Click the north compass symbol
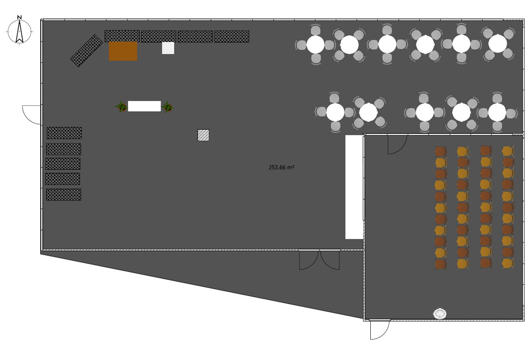(19, 31)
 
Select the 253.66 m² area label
(281, 167)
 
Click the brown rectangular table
(123, 51)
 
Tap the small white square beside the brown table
(168, 48)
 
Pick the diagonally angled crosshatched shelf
(87, 51)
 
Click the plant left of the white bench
(121, 106)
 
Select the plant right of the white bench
(167, 106)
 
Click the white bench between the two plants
(144, 106)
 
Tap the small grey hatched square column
(203, 135)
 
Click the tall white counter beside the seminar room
(354, 187)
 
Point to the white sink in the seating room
(440, 313)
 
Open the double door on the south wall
(319, 260)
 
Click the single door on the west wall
(32, 114)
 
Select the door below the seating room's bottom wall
(380, 329)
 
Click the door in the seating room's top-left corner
(397, 145)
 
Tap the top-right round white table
(498, 44)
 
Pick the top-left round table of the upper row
(315, 45)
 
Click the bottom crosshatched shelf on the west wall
(63, 195)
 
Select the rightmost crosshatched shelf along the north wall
(232, 37)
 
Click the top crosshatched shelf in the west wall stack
(64, 133)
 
